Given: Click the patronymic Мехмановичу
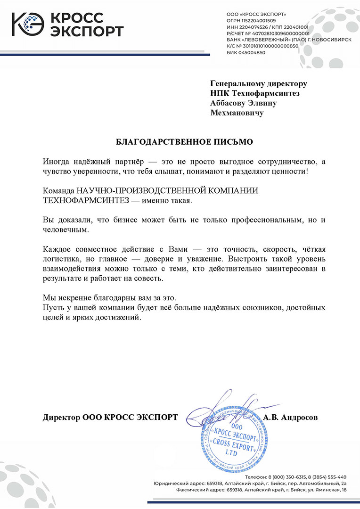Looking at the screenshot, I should pos(237,113).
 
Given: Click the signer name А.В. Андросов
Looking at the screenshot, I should pos(291,417).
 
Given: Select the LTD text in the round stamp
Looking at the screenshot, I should pos(231,452).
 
